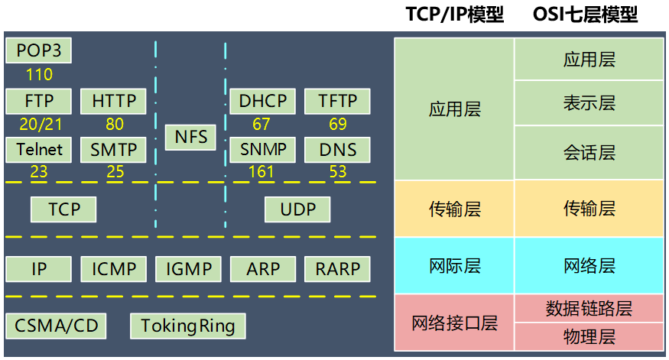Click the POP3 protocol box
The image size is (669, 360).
click(38, 52)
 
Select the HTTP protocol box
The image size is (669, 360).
click(114, 101)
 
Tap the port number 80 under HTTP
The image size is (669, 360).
click(115, 124)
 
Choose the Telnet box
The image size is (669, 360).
click(39, 149)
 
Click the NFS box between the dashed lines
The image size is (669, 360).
click(190, 138)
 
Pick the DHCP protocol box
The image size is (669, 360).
click(262, 101)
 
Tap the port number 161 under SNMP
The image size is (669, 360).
click(261, 172)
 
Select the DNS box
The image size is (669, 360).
click(337, 149)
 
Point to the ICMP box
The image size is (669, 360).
click(114, 269)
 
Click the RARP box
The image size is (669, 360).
click(337, 269)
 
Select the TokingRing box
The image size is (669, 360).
click(187, 326)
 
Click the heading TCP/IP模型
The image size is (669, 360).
click(454, 15)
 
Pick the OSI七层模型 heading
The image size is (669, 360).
click(585, 15)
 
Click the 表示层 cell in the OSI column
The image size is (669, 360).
click(589, 103)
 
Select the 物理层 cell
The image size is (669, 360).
click(589, 336)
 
